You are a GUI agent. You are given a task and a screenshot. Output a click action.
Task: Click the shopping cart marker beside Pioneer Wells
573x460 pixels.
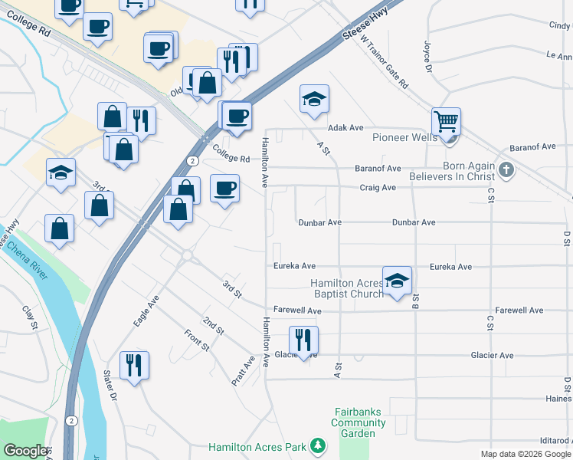(x=446, y=122)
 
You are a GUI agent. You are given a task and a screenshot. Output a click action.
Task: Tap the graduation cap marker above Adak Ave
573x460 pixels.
(x=314, y=100)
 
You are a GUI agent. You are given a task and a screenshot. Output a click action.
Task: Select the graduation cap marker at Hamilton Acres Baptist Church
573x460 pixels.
(x=397, y=281)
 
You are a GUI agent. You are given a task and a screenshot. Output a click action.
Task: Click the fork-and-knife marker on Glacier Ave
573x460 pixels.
(x=304, y=340)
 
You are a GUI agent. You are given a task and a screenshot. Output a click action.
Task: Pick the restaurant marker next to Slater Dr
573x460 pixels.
(x=135, y=366)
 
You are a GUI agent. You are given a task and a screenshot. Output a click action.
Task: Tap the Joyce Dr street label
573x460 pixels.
(x=428, y=54)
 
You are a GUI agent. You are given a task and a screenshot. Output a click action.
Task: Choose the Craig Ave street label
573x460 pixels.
(x=378, y=188)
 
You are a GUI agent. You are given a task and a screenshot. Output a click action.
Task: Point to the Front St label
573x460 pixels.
(x=197, y=340)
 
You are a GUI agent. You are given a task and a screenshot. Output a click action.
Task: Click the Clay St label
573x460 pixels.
(x=30, y=317)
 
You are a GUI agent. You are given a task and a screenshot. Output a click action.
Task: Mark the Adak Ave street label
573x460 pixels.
(x=345, y=128)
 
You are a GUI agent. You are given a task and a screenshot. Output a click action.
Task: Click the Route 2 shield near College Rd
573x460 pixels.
(x=192, y=160)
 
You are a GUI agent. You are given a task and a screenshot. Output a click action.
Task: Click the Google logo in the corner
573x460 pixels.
(x=25, y=451)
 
